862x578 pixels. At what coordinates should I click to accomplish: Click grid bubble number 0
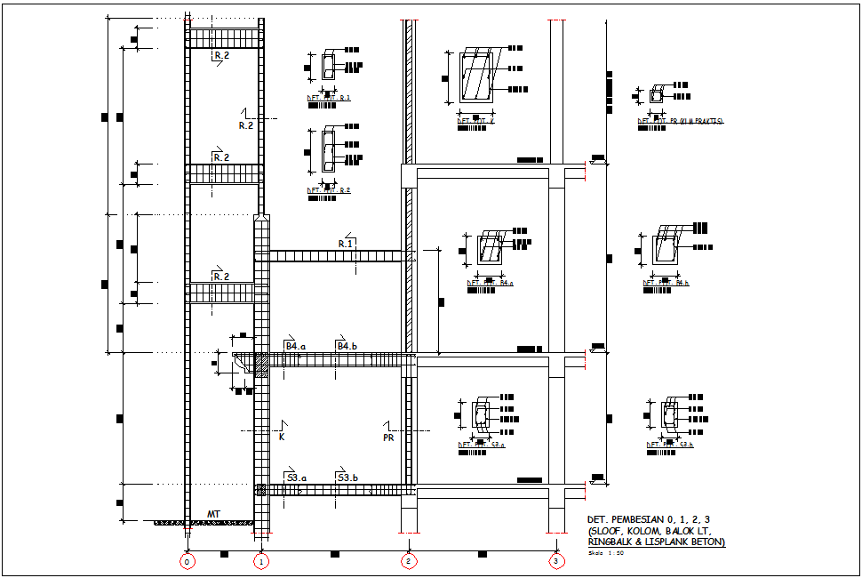pos(187,561)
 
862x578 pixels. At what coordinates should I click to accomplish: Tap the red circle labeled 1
pos(260,561)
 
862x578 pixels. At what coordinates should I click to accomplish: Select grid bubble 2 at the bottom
pos(408,561)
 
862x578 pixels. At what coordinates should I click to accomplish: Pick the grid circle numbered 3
pos(555,561)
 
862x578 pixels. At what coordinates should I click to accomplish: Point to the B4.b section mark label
pos(346,346)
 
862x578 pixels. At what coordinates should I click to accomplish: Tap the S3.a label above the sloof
pos(296,478)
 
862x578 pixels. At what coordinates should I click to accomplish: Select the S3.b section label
pos(347,478)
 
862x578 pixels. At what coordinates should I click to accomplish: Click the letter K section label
pos(281,438)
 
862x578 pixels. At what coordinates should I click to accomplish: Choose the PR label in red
pos(388,438)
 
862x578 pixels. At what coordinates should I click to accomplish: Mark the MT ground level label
pos(213,514)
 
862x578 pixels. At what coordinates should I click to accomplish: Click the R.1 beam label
pos(346,243)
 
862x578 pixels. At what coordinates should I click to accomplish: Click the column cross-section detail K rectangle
pos(476,77)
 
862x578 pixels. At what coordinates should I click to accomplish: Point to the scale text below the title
pos(606,553)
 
